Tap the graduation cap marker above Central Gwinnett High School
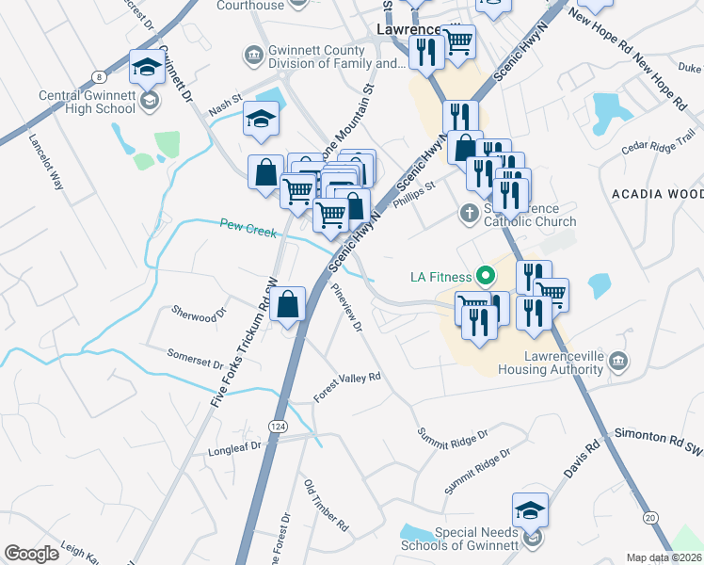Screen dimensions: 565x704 click(146, 68)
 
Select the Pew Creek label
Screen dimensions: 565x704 click(248, 227)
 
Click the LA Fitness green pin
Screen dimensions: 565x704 click(486, 276)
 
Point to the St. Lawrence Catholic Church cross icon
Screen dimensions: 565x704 click(469, 214)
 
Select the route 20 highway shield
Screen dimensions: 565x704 click(650, 517)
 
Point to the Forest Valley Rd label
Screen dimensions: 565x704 click(346, 386)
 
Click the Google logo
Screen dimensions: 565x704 click(32, 554)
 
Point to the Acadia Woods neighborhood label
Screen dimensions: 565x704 click(657, 194)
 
